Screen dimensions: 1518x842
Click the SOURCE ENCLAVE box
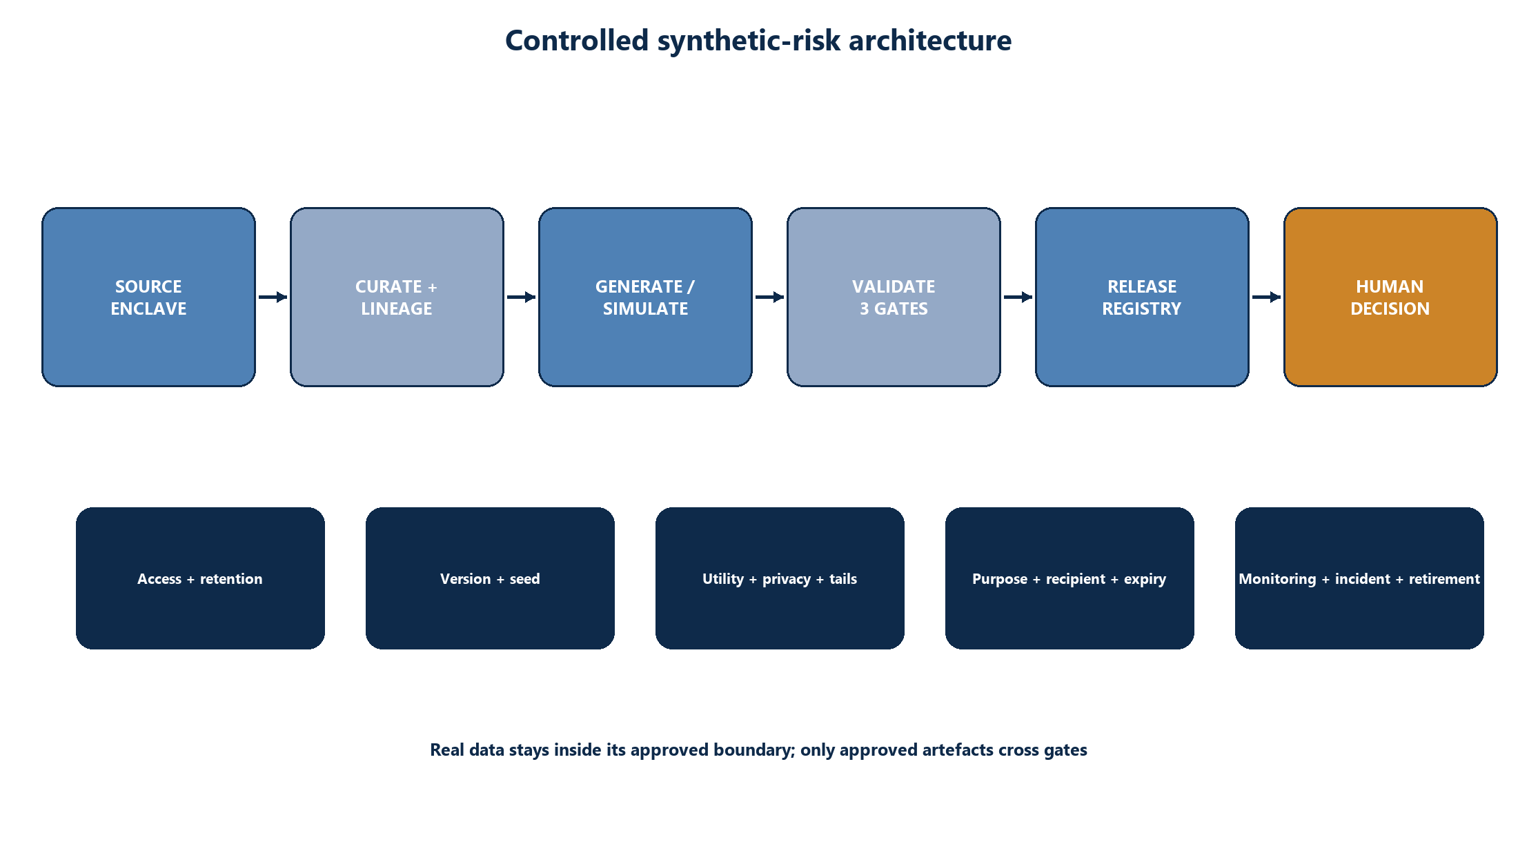(148, 297)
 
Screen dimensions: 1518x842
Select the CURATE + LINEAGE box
(397, 297)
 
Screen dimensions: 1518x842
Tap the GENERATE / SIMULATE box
(645, 297)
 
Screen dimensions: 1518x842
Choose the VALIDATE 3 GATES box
(894, 297)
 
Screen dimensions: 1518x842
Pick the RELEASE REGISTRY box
(1142, 297)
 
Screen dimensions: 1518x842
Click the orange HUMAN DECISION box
(1390, 297)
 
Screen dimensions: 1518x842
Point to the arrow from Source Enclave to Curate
(273, 297)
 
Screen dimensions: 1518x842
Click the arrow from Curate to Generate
(521, 297)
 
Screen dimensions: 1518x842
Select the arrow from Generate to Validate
(769, 297)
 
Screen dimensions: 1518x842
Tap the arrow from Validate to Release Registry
(1018, 297)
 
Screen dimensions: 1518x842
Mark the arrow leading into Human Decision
(1266, 297)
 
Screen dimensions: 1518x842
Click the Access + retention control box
(200, 578)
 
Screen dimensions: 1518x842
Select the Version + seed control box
(490, 578)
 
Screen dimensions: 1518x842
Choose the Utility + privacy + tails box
(780, 578)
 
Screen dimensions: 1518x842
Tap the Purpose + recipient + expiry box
(1069, 578)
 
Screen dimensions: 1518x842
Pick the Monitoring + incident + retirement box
(1359, 578)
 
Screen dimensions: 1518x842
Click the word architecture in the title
(930, 41)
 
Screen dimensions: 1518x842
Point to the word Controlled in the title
(577, 41)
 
